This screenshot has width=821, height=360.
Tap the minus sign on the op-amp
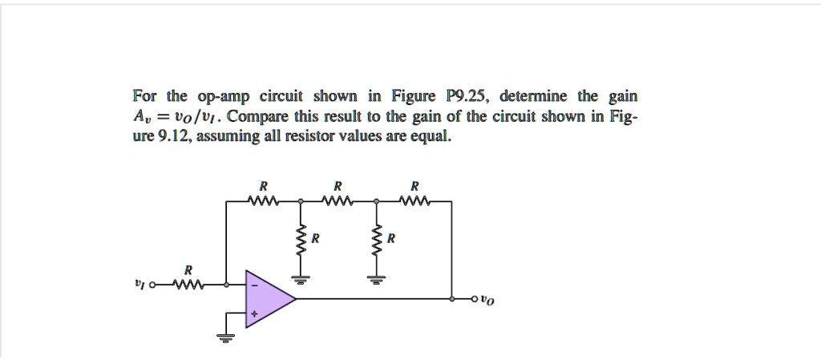point(254,285)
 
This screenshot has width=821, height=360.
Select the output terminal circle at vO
point(476,300)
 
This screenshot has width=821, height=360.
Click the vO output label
point(488,301)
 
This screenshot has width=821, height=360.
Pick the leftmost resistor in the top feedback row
point(263,201)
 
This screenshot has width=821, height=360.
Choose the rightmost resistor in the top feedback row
point(415,201)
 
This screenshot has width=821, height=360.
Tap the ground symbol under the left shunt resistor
point(301,278)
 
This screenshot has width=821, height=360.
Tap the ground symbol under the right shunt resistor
point(376,278)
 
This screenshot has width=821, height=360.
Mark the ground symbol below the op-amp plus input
point(226,337)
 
